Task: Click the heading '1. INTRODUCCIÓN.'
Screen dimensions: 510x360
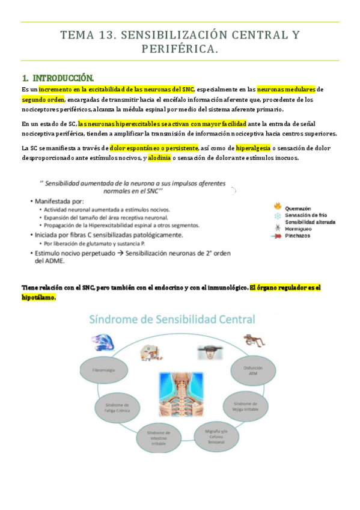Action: click(57, 78)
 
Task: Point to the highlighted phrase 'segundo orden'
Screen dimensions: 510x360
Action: click(43, 99)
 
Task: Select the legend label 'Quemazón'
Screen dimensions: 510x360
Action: click(298, 208)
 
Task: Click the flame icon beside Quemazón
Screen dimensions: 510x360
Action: click(277, 208)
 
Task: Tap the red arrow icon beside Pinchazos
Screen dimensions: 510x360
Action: click(277, 236)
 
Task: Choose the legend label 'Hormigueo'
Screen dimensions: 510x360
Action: click(300, 229)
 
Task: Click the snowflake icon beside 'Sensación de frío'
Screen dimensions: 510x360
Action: click(277, 215)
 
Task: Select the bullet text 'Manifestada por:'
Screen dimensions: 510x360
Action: click(60, 200)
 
